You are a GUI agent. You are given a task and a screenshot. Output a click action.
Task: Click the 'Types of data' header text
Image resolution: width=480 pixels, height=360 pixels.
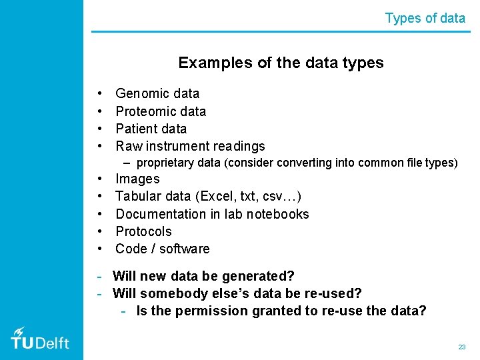[425, 18]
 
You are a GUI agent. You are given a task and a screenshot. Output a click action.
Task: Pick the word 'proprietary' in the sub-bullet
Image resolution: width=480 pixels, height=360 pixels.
[165, 163]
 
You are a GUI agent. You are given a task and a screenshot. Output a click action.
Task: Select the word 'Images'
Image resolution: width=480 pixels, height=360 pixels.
[137, 179]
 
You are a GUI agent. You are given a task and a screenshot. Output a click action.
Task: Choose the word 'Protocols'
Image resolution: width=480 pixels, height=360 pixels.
[143, 231]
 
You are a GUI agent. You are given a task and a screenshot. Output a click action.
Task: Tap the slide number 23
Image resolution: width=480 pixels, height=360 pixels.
[461, 347]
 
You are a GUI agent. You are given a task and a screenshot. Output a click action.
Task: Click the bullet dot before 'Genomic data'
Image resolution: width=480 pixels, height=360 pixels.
[99, 94]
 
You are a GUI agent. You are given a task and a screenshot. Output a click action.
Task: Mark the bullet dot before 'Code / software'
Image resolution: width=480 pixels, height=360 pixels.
[99, 249]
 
